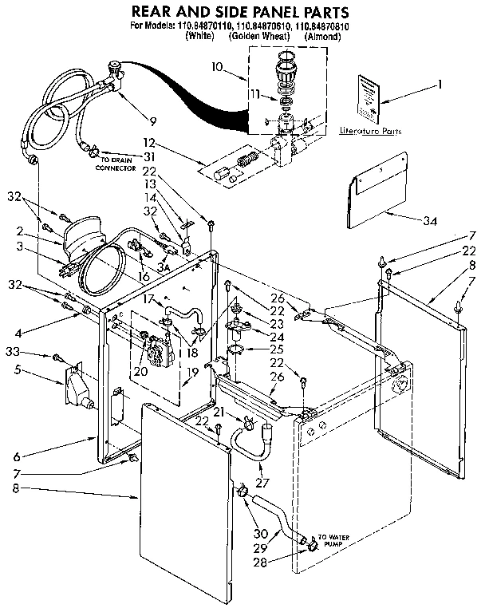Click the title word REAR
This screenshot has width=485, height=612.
(157, 12)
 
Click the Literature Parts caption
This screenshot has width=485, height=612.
(369, 130)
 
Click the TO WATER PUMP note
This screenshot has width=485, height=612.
(333, 541)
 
